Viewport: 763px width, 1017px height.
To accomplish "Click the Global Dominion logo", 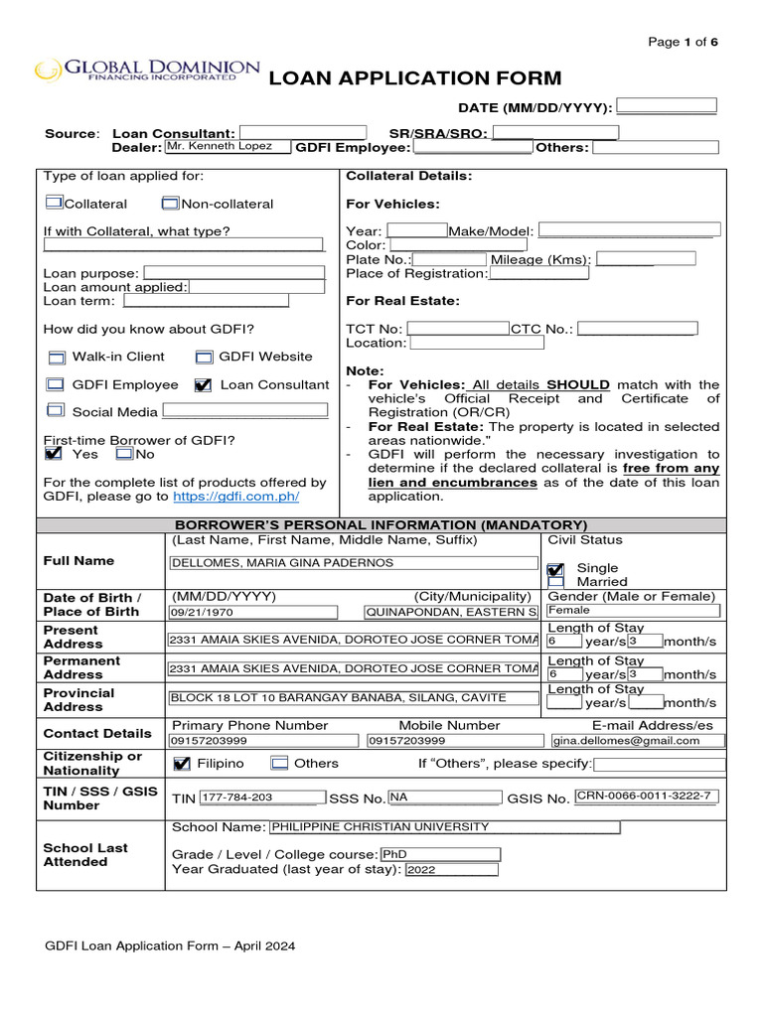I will [x=147, y=70].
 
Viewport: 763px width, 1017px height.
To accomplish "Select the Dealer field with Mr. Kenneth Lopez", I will [x=228, y=147].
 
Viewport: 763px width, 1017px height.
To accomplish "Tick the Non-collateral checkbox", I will [x=170, y=204].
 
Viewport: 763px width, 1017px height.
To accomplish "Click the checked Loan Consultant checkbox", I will [x=204, y=385].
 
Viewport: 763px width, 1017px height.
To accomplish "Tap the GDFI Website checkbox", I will [x=204, y=357].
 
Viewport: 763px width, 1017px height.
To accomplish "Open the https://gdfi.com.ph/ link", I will [x=235, y=496].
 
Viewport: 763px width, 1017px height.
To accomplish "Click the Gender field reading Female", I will [x=633, y=611].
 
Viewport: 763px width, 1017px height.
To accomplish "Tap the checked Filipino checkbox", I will [x=182, y=764].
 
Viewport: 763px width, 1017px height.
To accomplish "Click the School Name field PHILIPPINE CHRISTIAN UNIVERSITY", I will [x=444, y=827].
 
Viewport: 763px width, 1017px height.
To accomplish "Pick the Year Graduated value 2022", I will [x=448, y=869].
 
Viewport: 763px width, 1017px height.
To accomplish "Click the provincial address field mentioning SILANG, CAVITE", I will [x=353, y=698].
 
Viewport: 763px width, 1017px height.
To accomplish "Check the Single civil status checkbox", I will [x=555, y=569].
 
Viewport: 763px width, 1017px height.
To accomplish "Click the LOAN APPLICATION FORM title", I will [x=415, y=78].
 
